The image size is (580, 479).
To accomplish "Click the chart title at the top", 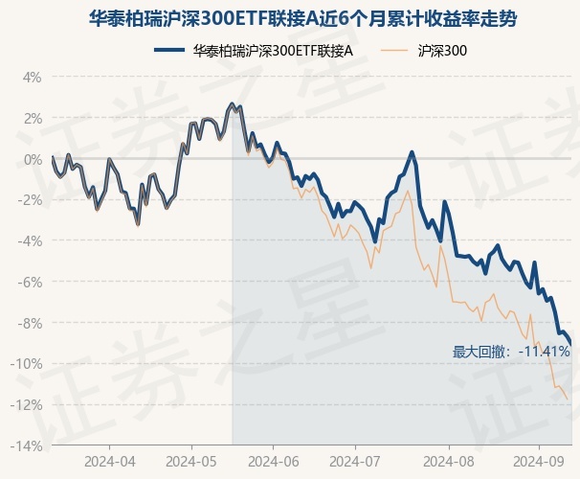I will pyautogui.click(x=289, y=18).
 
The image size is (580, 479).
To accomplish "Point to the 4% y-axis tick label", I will pyautogui.click(x=33, y=77).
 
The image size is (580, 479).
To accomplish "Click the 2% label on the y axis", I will pyautogui.click(x=33, y=118).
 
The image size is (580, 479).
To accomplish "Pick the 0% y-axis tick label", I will pyautogui.click(x=33, y=159).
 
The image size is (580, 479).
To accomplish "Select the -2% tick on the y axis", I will pyautogui.click(x=31, y=200).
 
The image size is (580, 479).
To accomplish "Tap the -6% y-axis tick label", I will pyautogui.click(x=31, y=282).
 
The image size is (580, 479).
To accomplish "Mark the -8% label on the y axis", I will pyautogui.click(x=31, y=323).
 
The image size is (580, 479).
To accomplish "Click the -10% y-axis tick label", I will pyautogui.click(x=28, y=364).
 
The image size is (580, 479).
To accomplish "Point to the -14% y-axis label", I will pyautogui.click(x=28, y=445).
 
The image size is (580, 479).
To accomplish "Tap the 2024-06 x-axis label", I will pyautogui.click(x=273, y=461).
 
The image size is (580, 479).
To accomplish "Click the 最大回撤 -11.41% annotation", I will pyautogui.click(x=511, y=352).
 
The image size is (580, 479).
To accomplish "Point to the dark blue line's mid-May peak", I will pyautogui.click(x=232, y=103).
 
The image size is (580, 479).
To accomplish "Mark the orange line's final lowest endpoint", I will pyautogui.click(x=568, y=399).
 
